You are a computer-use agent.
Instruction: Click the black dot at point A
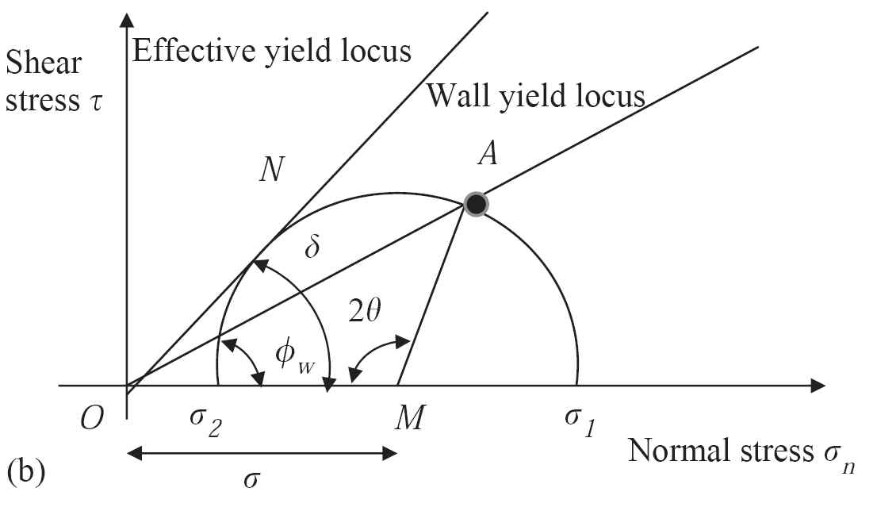[x=475, y=205]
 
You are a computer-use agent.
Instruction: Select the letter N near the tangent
[x=273, y=170]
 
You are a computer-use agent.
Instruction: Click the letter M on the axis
[x=408, y=419]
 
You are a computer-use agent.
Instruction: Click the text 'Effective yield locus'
[x=271, y=52]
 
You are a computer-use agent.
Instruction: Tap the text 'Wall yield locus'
[x=535, y=97]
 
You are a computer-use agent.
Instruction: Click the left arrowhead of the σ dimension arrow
[x=133, y=453]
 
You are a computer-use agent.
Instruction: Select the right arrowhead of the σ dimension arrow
[x=389, y=453]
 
